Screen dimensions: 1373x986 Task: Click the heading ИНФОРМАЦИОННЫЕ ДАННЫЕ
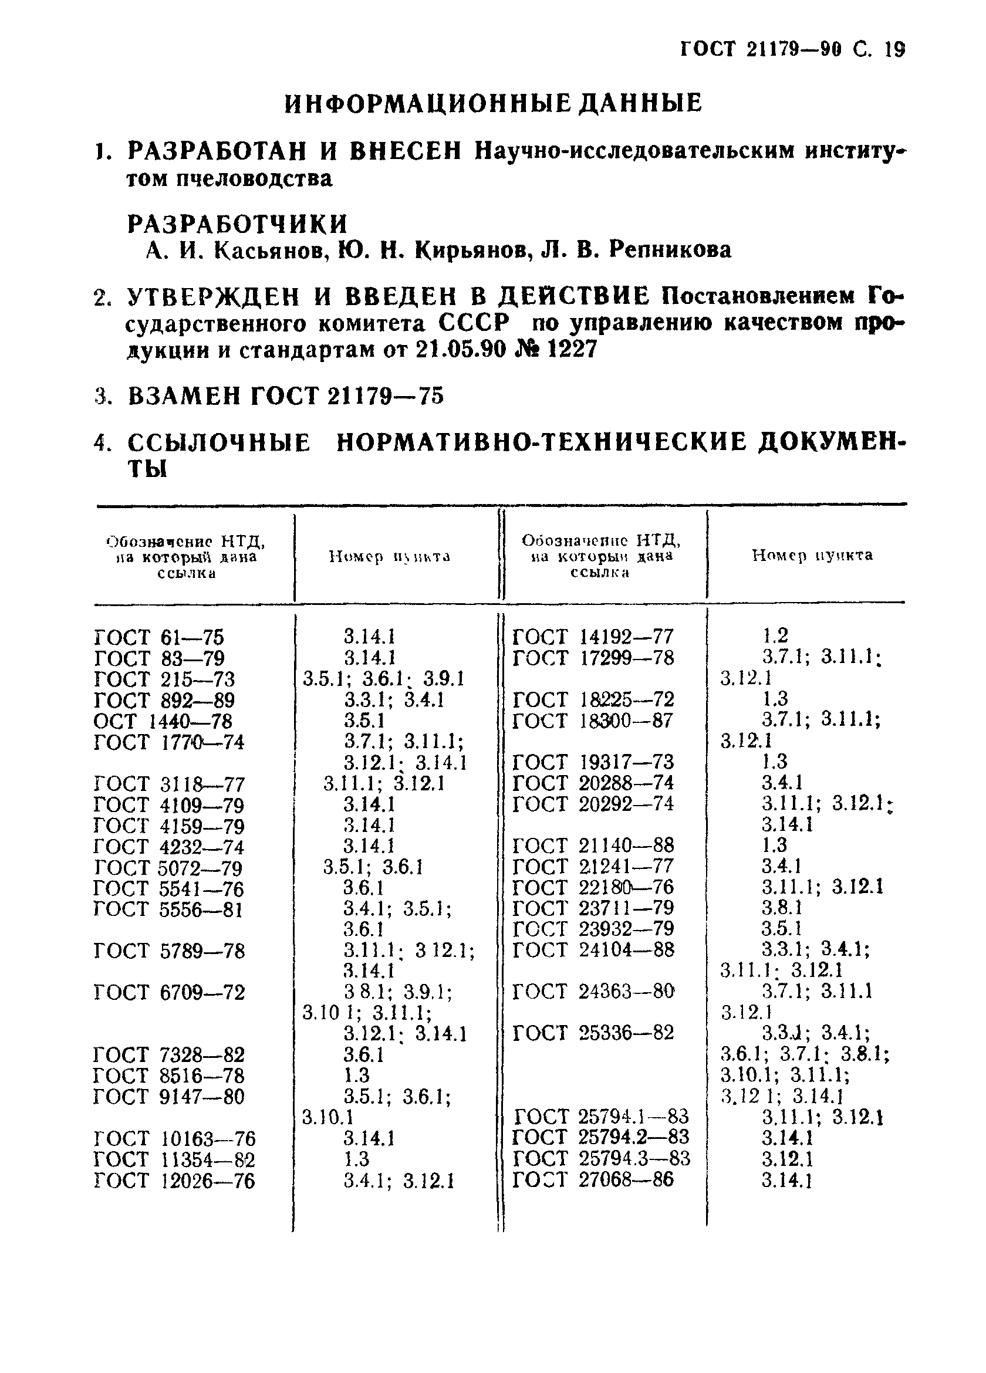pos(493,103)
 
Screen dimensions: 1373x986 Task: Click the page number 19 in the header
pos(894,50)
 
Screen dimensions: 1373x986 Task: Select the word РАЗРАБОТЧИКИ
pos(238,224)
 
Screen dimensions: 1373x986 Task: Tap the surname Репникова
pos(670,249)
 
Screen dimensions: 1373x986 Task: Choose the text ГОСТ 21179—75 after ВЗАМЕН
pos(347,397)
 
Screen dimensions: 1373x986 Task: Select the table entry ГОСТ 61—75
pos(159,637)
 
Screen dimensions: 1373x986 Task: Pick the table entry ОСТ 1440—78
pos(163,721)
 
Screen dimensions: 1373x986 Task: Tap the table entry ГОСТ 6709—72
pos(169,992)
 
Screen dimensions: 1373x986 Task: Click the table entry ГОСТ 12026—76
pos(174,1181)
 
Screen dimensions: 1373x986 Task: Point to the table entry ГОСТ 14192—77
pos(593,637)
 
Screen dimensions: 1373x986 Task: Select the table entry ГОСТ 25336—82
pos(593,1032)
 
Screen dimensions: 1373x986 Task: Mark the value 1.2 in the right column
pos(775,635)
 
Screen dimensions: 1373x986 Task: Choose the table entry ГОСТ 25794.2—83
pos(601,1137)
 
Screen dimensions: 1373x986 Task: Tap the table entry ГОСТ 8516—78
pos(169,1076)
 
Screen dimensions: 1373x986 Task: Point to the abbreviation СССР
pos(473,323)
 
